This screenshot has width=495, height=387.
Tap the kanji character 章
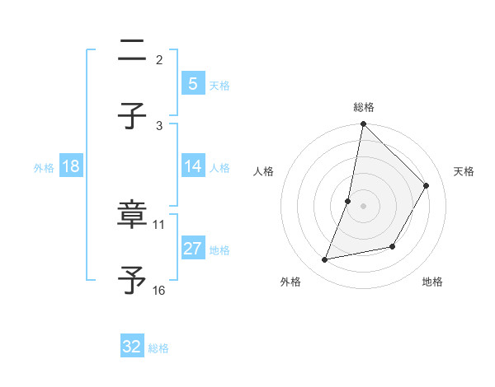[x=132, y=216]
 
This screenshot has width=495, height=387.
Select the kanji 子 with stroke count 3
[x=132, y=117]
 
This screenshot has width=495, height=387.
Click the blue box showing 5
[x=192, y=83]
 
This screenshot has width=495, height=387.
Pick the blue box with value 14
[x=192, y=166]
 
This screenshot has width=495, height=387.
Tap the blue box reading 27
[x=192, y=249]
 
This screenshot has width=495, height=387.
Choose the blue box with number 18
[x=71, y=166]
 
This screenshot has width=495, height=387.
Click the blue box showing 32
[x=132, y=347]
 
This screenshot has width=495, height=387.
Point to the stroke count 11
[x=159, y=224]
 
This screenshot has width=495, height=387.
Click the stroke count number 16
[x=159, y=290]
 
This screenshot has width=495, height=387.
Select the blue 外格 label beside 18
[x=44, y=167]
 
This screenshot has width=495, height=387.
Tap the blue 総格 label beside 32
[x=158, y=347]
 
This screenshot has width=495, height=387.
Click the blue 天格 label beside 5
[x=219, y=85]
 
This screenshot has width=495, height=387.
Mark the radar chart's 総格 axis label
[x=364, y=107]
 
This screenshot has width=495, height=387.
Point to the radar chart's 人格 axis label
[x=264, y=171]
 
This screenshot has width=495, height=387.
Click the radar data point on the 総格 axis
[x=363, y=124]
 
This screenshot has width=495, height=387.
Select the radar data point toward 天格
[x=427, y=185]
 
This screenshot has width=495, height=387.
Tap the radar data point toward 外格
[x=325, y=260]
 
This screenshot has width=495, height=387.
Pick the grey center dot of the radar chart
[x=363, y=205]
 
